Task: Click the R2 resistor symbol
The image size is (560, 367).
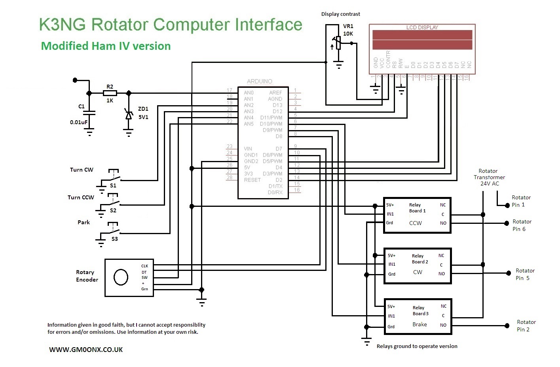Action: coord(110,93)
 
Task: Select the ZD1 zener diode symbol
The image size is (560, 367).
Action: coord(129,115)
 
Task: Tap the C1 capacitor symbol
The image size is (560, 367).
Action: coord(89,113)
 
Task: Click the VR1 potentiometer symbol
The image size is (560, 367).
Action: coord(338,43)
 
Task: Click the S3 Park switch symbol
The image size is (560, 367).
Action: coord(113,231)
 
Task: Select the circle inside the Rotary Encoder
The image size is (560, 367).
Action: coord(121,277)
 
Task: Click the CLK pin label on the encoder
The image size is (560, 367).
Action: coord(144,266)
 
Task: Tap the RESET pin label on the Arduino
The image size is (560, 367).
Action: coord(252,180)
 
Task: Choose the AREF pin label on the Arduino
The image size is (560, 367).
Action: coord(275,93)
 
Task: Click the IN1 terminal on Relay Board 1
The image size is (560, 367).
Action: coord(390,214)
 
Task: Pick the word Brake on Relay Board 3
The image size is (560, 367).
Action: coord(420,324)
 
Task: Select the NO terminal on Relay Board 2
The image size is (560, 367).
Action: coord(442,274)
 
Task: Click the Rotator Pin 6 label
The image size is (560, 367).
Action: coord(521,225)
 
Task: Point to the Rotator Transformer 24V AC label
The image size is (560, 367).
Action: coord(489,177)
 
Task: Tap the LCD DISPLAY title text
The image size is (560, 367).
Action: coord(422,27)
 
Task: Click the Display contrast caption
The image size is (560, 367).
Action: coord(340,14)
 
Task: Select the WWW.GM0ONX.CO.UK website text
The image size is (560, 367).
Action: coord(86,350)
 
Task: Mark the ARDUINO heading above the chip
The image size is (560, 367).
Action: coord(259,81)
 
